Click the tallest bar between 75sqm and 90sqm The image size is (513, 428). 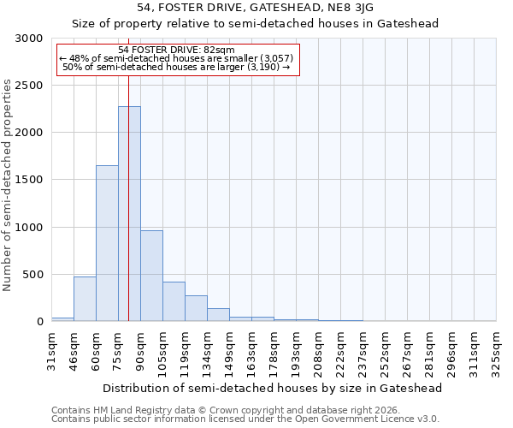point(129,214)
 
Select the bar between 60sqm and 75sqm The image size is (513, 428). point(107,243)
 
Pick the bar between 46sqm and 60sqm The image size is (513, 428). point(85,299)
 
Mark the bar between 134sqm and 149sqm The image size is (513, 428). point(218,314)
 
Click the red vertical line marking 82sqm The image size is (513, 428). point(128,171)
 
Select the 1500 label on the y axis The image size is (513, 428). point(27,181)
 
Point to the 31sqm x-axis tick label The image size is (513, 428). point(51,348)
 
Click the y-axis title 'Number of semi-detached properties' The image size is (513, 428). point(9,185)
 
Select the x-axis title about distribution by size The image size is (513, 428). point(274,388)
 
